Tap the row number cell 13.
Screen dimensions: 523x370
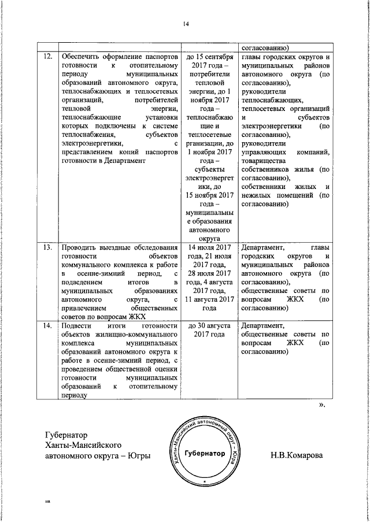tap(48, 248)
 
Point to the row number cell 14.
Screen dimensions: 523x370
tap(48, 327)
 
